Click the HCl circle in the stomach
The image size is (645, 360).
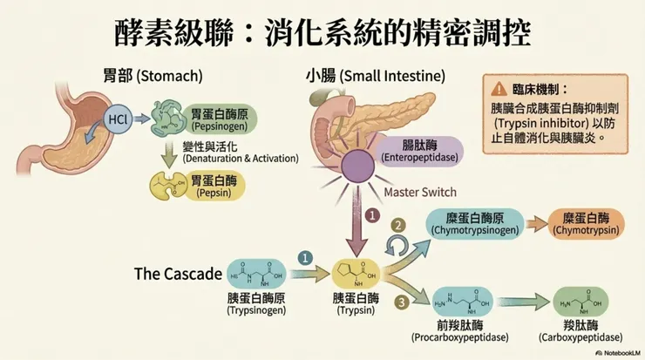117,119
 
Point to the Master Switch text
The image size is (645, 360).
420,192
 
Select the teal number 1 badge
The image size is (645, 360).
304,258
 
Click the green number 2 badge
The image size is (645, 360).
397,224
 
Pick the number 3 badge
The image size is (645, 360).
401,302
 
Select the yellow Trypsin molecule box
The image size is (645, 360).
356,275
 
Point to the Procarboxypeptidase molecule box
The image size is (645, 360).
459,302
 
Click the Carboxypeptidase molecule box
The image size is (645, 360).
581,302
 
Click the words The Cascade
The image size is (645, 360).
178,274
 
